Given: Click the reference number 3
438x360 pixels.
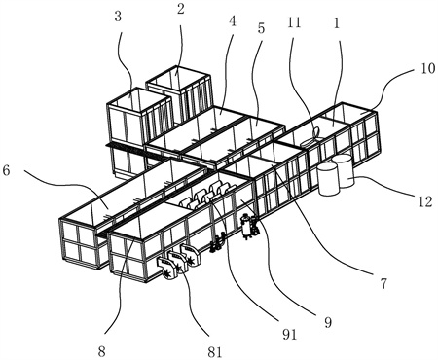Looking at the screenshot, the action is coord(118,17).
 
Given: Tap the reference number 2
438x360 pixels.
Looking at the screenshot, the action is coord(181,9).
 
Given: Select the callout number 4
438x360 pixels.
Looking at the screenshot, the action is coord(233,21).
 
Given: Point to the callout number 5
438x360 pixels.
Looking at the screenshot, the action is coord(261,28).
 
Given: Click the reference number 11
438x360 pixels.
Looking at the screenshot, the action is coord(294,23).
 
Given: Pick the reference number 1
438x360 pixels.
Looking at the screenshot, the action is coord(336,23).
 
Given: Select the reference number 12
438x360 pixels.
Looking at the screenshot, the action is coord(425,201).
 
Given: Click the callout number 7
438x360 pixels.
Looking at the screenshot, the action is coord(383,284).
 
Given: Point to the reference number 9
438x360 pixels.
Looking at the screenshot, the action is coord(328,322).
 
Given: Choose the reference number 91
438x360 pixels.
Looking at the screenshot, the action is coord(289,334).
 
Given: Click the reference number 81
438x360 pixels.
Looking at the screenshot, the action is coord(215,352).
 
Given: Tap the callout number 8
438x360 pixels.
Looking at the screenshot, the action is coord(101,351).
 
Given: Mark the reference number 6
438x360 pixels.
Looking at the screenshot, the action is coord(7,171).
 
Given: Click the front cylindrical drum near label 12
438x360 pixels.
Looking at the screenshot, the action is coord(328,179).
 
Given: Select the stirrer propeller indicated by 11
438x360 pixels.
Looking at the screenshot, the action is coord(310,139).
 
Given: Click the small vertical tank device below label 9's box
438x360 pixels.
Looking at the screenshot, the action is coord(247,228).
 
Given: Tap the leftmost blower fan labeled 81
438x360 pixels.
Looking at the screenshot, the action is coord(167,269).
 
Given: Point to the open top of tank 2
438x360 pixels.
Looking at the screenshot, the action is coord(177,78).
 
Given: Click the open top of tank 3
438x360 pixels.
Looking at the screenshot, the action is coord(139,100).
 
